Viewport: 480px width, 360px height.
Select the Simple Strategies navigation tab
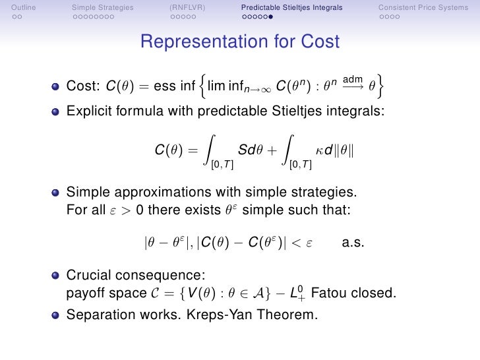pyautogui.click(x=102, y=8)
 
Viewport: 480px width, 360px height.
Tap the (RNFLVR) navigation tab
pyautogui.click(x=187, y=8)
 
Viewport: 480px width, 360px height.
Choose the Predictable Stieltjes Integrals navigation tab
pyautogui.click(x=291, y=8)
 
